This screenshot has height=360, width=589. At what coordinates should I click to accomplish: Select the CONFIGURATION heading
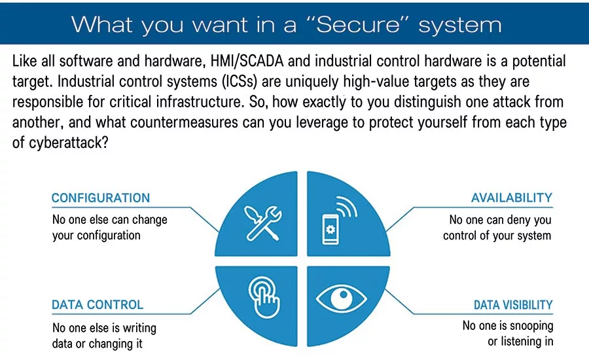pos(101,198)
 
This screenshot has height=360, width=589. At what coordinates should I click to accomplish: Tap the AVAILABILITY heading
pos(512,198)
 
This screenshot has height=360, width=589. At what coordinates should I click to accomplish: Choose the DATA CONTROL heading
pos(98,304)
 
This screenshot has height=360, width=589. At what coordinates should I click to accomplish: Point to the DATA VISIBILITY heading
pos(513,304)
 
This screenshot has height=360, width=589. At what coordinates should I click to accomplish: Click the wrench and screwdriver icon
pos(263,223)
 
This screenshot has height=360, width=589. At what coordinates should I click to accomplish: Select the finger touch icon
pos(264,297)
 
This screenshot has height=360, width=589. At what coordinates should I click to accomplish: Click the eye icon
pos(341,297)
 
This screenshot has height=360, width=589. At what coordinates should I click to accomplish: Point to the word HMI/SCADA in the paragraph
pos(247,62)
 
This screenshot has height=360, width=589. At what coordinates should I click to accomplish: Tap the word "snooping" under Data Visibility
pos(531,326)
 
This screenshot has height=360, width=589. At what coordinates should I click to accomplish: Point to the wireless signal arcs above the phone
pos(346,206)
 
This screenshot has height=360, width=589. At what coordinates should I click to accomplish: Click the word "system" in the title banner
pos(460,26)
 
